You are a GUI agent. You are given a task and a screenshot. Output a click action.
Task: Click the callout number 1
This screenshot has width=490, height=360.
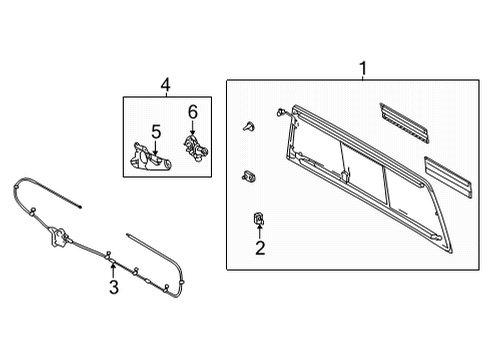pyautogui.click(x=363, y=68)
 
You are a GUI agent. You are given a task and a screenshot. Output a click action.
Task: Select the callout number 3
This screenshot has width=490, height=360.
pyautogui.click(x=113, y=289)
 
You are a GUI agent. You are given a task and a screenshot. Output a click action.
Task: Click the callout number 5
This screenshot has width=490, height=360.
pyautogui.click(x=156, y=130)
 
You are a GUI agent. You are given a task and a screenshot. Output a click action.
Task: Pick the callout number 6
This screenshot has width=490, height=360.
pyautogui.click(x=193, y=112)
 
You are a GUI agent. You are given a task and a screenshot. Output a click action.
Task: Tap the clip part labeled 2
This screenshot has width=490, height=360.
pyautogui.click(x=258, y=218)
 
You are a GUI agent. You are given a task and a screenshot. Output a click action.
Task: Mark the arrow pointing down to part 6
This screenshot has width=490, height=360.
pyautogui.click(x=192, y=126)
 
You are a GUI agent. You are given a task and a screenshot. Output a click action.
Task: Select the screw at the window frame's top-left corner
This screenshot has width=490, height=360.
pyautogui.click(x=287, y=111)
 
